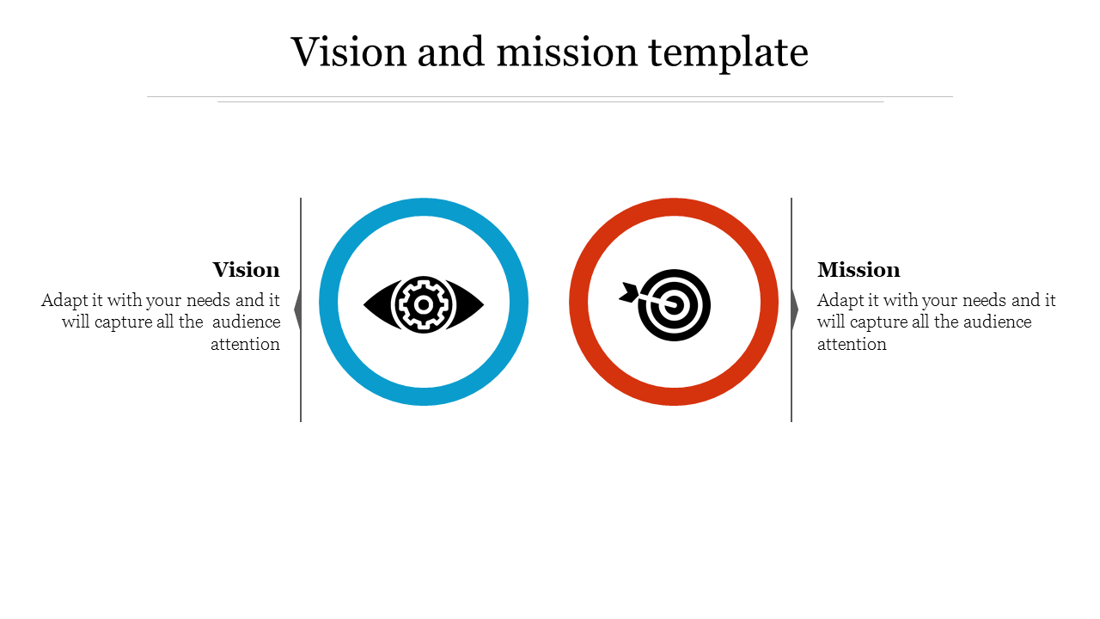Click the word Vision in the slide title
(x=349, y=52)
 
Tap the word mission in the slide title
(x=567, y=52)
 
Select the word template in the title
(x=728, y=53)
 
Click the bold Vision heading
(x=246, y=270)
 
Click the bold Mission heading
(x=859, y=270)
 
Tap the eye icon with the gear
(x=424, y=304)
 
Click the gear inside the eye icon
(x=424, y=304)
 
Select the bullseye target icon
(x=674, y=305)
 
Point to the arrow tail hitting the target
(x=629, y=292)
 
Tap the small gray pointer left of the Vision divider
(x=297, y=309)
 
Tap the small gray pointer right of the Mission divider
(x=795, y=309)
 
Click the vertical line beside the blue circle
(x=301, y=309)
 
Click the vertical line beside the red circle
(x=791, y=309)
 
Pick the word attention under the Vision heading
(x=245, y=344)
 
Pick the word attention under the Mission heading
(x=852, y=344)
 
